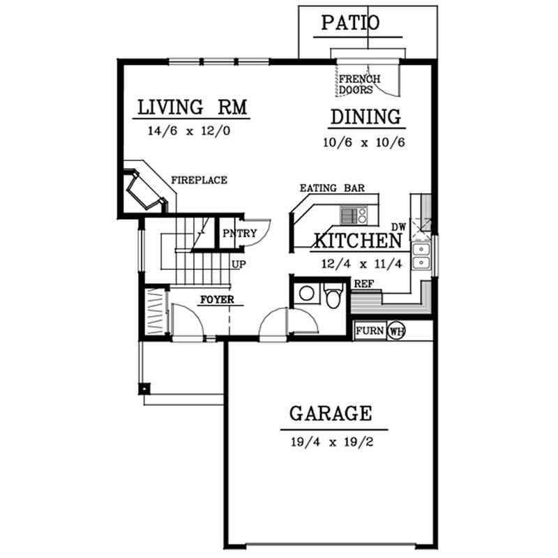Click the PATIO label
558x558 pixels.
pos(350,23)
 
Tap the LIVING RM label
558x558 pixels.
pos(193,108)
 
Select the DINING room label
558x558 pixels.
pos(365,117)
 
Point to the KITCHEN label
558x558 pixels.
pos(357,241)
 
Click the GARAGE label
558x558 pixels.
pos(331,414)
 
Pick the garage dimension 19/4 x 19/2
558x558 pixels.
pos(331,442)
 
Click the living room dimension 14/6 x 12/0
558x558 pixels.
pos(188,130)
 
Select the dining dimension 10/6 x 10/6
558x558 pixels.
pos(364,142)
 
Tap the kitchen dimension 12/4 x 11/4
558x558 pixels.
pos(355,264)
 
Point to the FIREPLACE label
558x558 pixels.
pos(199,181)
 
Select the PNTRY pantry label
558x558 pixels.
pos(239,234)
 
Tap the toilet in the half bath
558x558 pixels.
pos(334,296)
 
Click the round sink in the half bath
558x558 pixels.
pos(306,294)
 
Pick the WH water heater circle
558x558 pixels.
pos(396,330)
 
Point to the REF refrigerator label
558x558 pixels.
pos(363,284)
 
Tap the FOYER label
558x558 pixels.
pos(216,301)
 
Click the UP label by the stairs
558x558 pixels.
pos(238,265)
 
